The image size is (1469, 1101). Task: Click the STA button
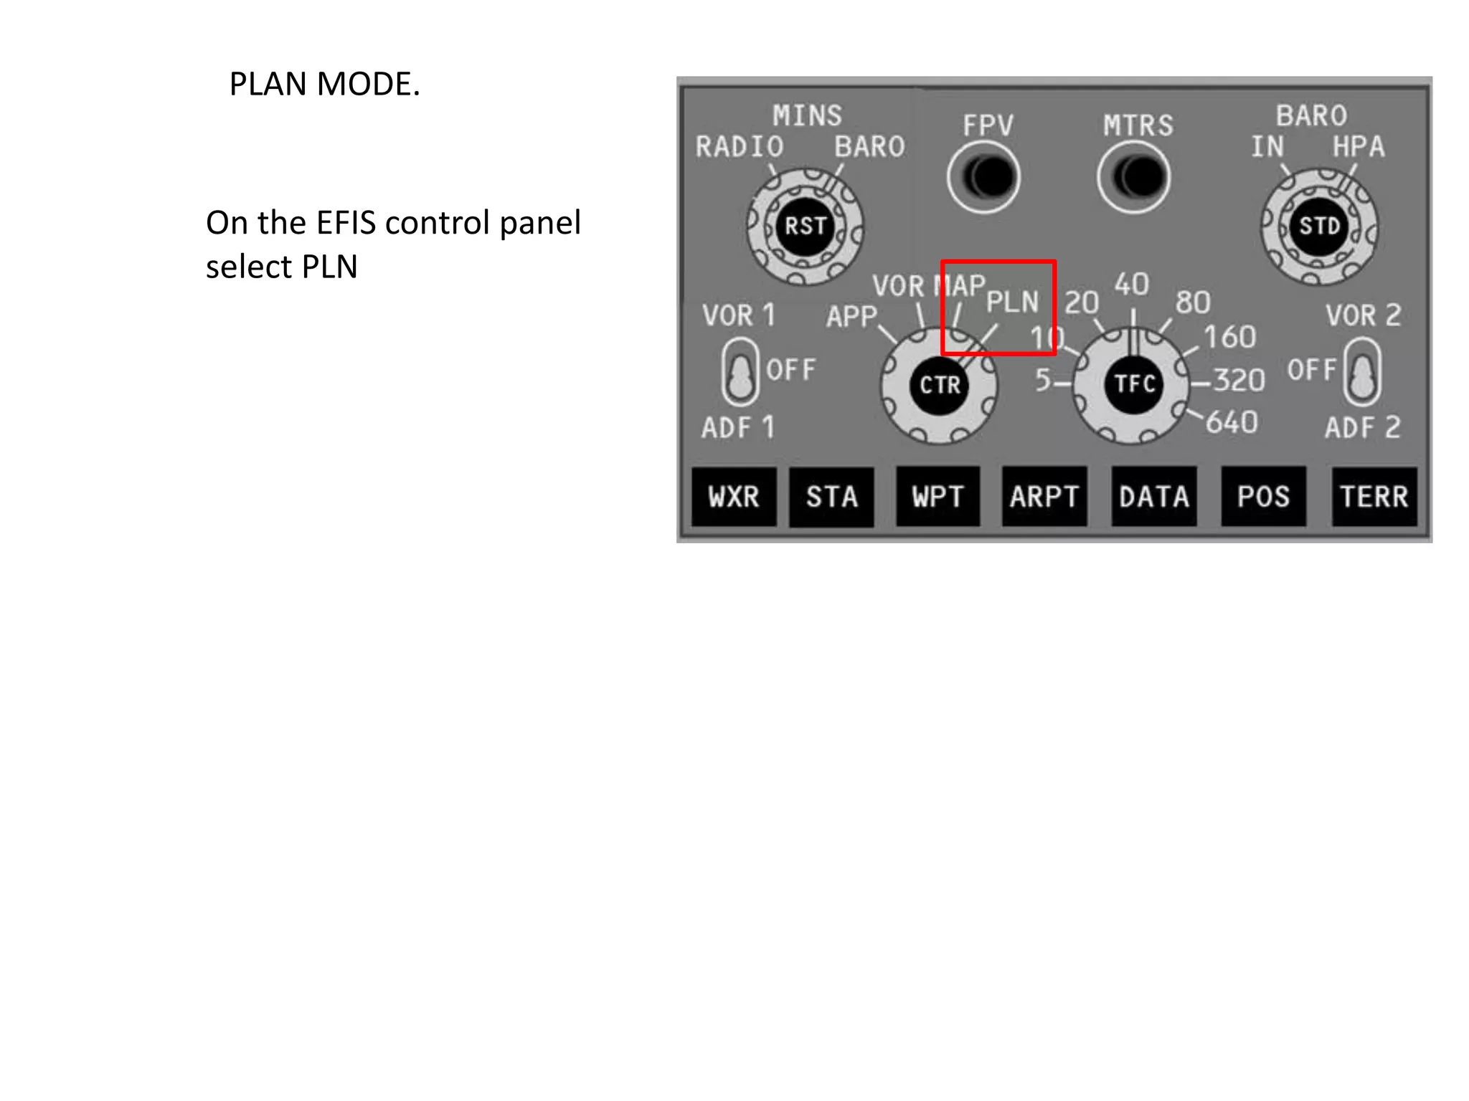(x=831, y=497)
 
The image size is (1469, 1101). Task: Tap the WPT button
(x=937, y=497)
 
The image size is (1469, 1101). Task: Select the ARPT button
(x=1044, y=497)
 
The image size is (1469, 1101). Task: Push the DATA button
(x=1154, y=497)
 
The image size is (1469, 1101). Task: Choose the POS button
(x=1263, y=497)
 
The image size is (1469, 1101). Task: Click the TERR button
(x=1374, y=497)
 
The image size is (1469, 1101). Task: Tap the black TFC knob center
(x=1134, y=384)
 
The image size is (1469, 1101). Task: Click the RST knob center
(x=806, y=227)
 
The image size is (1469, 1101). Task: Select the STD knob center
(x=1320, y=227)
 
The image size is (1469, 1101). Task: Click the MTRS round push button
(x=1134, y=177)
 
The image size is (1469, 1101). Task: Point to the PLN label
(x=1012, y=302)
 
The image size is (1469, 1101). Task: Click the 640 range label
(x=1232, y=423)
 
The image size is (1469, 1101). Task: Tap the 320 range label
(x=1239, y=380)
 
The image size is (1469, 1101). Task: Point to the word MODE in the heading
(x=368, y=85)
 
